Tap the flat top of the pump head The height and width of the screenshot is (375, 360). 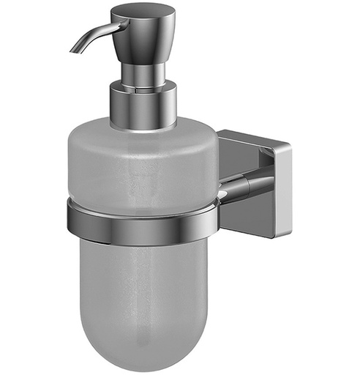pyautogui.click(x=143, y=10)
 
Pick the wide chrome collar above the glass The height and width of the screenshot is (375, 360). pyautogui.click(x=143, y=106)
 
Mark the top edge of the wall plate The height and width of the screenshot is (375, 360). pyautogui.click(x=249, y=135)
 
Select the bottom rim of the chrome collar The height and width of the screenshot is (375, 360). pyautogui.click(x=143, y=126)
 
